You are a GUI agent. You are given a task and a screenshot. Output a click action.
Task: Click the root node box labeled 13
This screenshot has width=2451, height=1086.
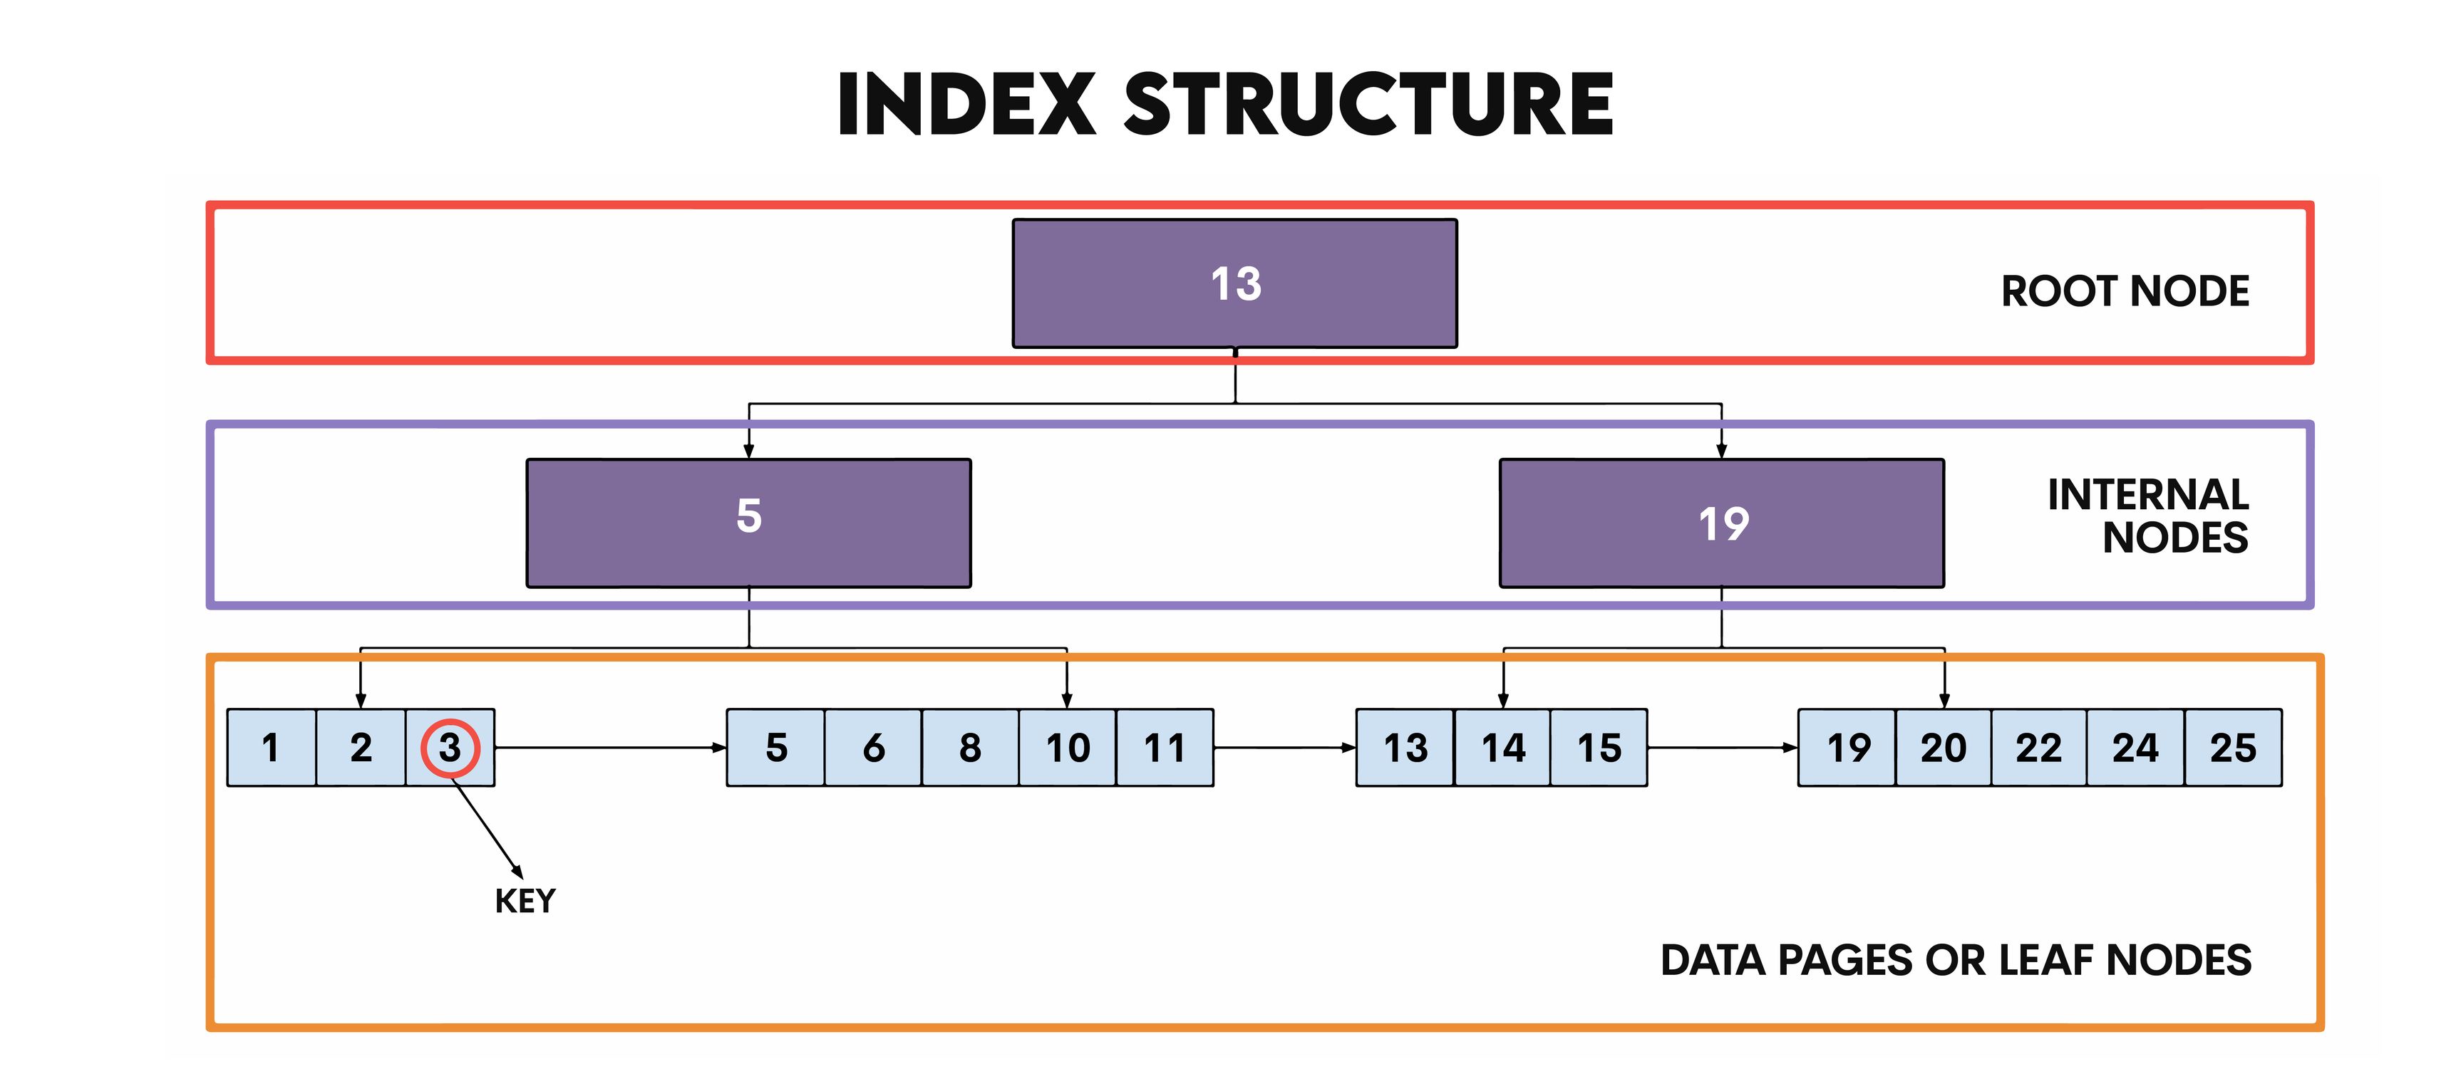(1234, 283)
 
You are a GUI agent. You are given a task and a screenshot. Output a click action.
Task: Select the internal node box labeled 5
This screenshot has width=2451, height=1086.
(749, 522)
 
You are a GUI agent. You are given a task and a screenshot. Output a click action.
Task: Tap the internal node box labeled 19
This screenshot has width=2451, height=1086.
(1721, 522)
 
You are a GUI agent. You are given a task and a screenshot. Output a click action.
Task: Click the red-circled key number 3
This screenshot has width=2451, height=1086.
(450, 748)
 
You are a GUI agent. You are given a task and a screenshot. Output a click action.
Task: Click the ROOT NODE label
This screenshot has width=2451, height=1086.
(2125, 291)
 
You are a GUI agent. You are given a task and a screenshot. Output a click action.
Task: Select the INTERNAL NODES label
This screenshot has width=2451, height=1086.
(2147, 516)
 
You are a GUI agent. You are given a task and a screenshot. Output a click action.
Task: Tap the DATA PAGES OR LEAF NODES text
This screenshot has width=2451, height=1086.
(1955, 961)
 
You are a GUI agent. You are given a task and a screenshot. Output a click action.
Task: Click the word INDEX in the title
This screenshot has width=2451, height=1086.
(966, 105)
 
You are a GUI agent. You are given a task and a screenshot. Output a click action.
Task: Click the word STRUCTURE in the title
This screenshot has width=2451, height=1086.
(1368, 105)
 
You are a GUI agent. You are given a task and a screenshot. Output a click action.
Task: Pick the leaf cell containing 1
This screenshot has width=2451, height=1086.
(271, 748)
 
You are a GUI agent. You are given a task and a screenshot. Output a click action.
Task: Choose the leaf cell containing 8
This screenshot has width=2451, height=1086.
(969, 748)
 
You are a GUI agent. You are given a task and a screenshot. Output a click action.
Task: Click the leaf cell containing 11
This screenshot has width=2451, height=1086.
(1165, 748)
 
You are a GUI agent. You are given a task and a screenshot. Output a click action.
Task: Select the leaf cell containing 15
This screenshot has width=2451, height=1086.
(1599, 748)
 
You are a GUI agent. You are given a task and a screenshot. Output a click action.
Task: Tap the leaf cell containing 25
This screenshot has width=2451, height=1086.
(2232, 748)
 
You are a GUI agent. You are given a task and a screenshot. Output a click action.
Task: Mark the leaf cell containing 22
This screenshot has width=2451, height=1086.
(2038, 748)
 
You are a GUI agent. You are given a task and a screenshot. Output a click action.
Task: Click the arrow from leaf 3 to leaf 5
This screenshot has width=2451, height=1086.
(609, 748)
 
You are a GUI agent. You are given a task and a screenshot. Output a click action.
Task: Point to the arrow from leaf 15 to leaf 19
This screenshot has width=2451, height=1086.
(1721, 748)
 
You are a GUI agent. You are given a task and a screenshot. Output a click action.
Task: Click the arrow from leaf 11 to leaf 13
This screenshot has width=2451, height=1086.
(1284, 748)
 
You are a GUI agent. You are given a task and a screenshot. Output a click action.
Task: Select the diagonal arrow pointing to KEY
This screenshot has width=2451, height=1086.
(487, 829)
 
